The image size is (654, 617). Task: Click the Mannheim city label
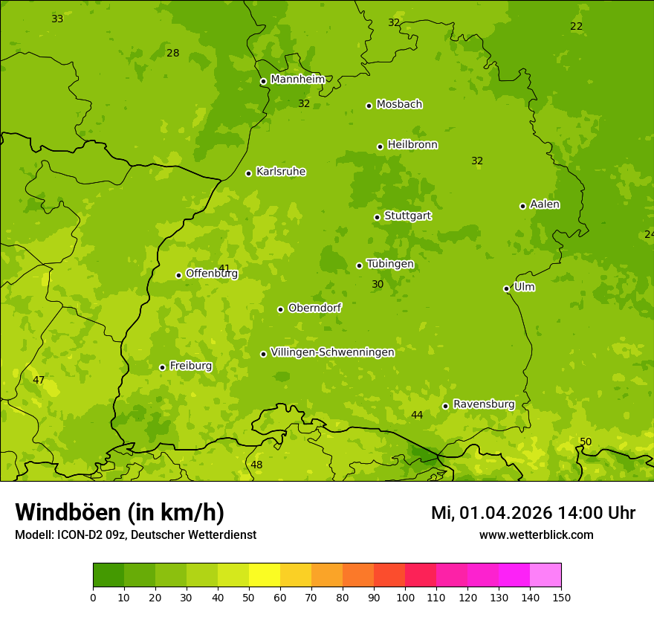tap(297, 80)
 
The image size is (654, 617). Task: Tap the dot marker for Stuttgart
tap(377, 217)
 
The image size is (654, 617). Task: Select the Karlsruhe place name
tap(280, 172)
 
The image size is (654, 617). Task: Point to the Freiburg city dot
tap(162, 367)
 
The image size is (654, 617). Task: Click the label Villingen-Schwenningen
tap(332, 352)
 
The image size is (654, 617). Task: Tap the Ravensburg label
tap(484, 404)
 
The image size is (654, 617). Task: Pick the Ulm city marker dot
tap(507, 288)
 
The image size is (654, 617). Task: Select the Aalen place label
tap(545, 204)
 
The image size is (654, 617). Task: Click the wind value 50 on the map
tap(586, 442)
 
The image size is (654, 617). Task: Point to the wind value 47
tap(39, 380)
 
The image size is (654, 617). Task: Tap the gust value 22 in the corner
tap(576, 27)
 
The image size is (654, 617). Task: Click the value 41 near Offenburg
tap(224, 268)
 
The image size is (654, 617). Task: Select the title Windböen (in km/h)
tap(120, 512)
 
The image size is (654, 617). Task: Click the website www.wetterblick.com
tap(536, 534)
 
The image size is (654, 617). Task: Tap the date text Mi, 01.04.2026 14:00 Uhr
tap(533, 513)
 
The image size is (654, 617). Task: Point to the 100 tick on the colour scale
tap(405, 596)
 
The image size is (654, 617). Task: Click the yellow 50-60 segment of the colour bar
tap(265, 575)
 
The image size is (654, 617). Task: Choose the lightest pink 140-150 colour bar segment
tap(545, 575)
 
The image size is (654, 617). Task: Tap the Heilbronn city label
tap(412, 145)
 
